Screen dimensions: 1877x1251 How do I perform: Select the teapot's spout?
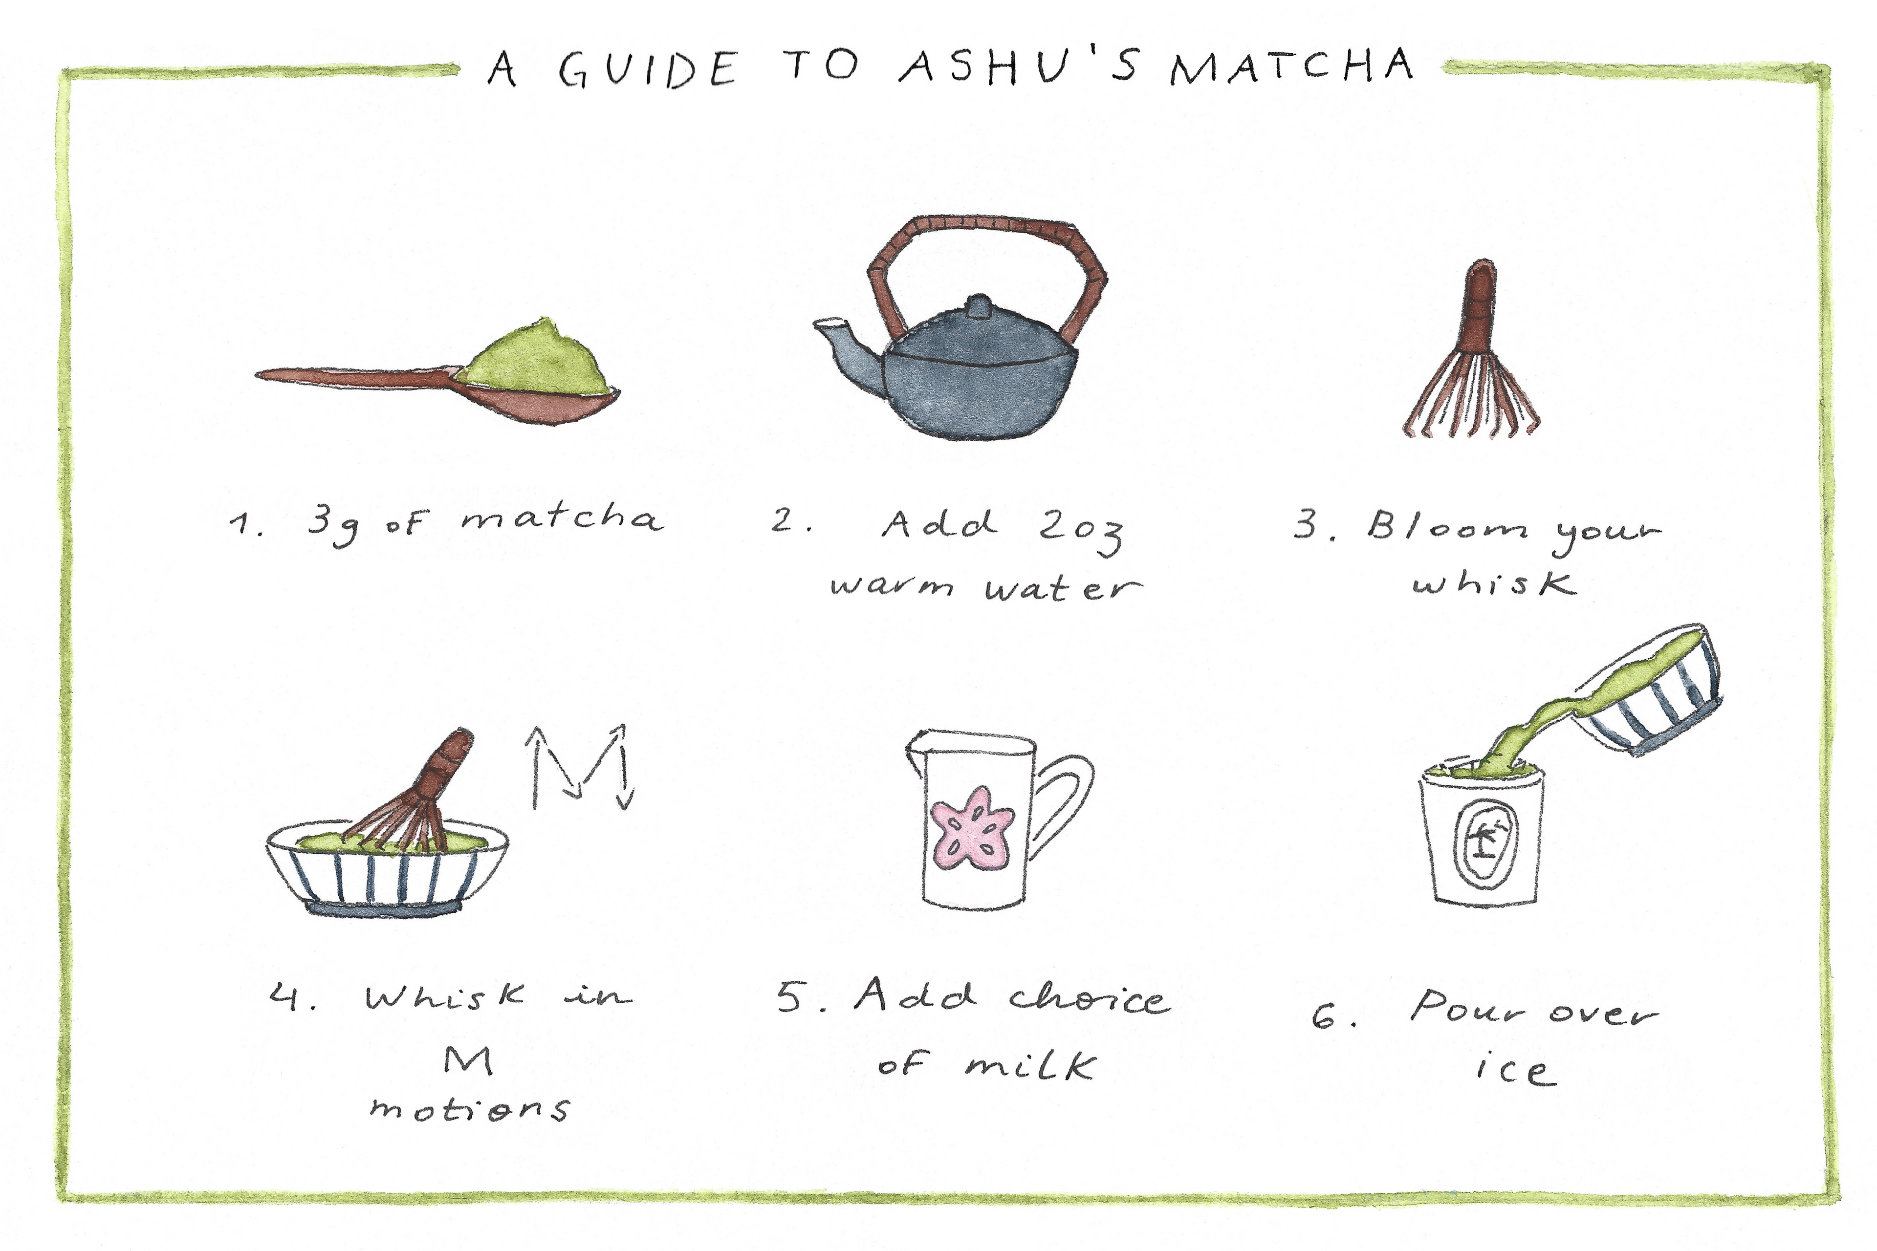click(x=848, y=351)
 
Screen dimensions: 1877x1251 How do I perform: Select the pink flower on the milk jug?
click(x=972, y=830)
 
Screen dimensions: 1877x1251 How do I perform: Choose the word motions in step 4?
click(x=469, y=1107)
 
